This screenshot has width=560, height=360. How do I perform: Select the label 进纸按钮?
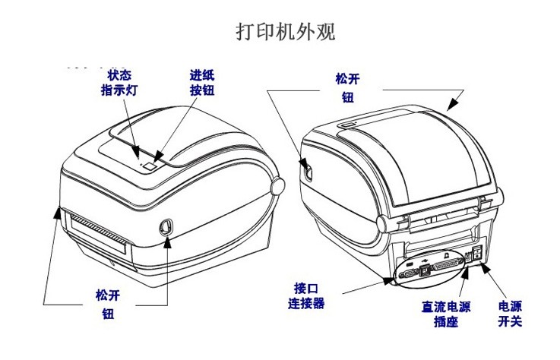point(202,83)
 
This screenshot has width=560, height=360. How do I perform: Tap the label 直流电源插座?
point(446,314)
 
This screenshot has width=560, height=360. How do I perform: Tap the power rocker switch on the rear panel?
point(476,254)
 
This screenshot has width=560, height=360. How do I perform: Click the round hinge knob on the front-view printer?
point(276,186)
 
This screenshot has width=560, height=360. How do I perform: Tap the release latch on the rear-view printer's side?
point(306,169)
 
